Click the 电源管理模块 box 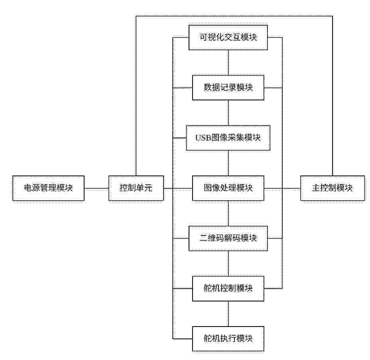(x=48, y=188)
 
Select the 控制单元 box (x=136, y=188)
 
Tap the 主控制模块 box (x=333, y=188)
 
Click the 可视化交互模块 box (x=228, y=37)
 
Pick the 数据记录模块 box (x=228, y=88)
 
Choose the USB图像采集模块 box (x=228, y=138)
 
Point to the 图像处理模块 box (x=228, y=188)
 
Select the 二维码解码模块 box (x=228, y=239)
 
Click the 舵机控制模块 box (x=228, y=289)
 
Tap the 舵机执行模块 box (x=228, y=339)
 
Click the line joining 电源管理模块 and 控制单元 (x=96, y=188)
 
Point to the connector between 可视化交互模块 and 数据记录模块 (x=228, y=63)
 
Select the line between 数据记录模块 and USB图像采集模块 (x=228, y=113)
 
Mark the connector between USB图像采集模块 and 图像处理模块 (x=228, y=163)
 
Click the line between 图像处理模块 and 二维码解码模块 (x=228, y=213)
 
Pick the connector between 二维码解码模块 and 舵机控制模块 (x=228, y=264)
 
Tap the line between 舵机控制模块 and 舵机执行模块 (x=228, y=314)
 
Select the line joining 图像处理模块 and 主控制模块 (x=282, y=188)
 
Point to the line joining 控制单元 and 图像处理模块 (x=178, y=188)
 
